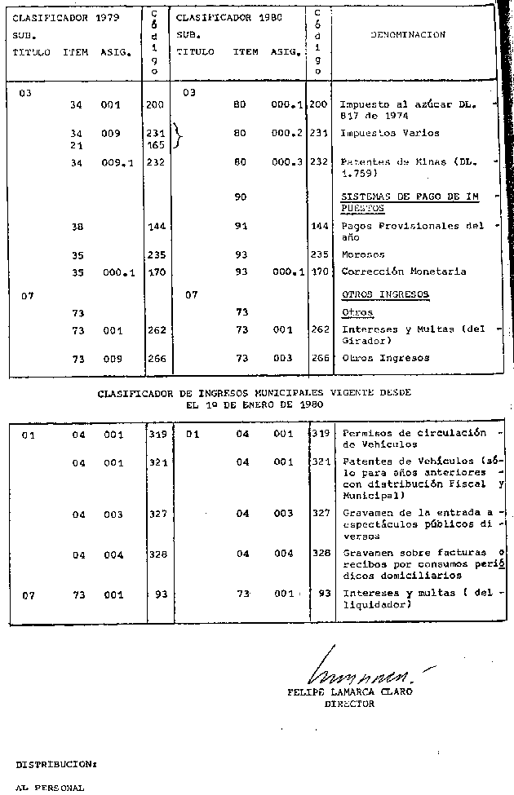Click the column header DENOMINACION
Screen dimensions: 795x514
408,35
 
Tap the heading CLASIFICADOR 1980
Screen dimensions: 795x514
219,16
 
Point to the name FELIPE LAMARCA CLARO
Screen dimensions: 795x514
350,691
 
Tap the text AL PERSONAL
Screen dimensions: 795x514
50,788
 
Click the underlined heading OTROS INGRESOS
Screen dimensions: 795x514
385,294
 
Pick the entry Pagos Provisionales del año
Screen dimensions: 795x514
412,232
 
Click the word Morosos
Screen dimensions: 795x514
363,254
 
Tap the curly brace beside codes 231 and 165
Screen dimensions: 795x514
177,138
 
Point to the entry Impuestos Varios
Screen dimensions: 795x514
389,133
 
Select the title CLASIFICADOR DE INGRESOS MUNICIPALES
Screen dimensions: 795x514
254,392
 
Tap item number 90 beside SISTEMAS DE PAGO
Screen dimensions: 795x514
240,197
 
